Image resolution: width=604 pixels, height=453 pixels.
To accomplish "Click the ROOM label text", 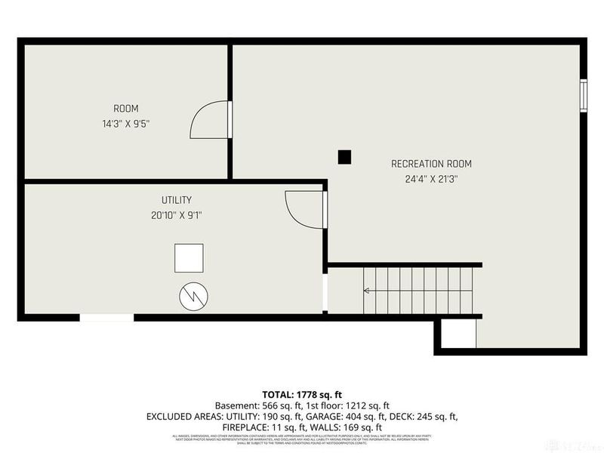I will tap(125, 109).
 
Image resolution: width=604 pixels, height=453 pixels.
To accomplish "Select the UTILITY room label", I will tap(176, 200).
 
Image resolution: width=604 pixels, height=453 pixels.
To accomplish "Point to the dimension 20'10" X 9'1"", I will tap(176, 215).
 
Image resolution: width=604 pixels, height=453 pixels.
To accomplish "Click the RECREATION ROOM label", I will tap(431, 164).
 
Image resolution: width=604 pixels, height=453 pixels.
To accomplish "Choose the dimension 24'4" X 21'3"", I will tap(431, 180).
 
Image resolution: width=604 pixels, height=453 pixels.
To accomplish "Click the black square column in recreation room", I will tap(344, 157).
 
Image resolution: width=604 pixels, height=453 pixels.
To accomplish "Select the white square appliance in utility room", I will tap(190, 257).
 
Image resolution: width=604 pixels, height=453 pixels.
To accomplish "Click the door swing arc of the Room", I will tap(205, 121).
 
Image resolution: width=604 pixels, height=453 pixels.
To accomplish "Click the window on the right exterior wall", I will tap(583, 95).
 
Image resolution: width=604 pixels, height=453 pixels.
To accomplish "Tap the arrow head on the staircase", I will tap(367, 290).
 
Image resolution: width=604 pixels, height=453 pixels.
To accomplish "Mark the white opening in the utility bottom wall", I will tap(106, 318).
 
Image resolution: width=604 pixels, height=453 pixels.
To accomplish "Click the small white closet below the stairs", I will tap(458, 333).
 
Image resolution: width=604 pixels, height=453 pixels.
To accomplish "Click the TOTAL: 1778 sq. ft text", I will tap(301, 395).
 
